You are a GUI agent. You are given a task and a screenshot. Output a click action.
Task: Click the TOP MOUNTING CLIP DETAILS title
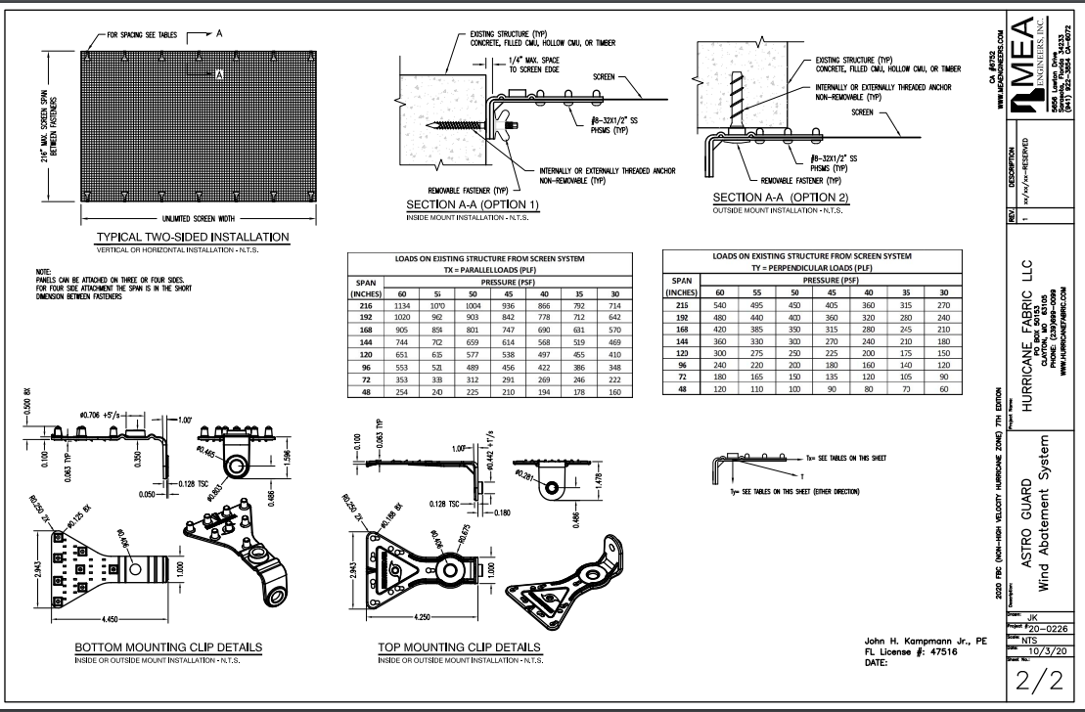458,647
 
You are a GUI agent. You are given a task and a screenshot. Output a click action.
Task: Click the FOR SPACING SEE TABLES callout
142,34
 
